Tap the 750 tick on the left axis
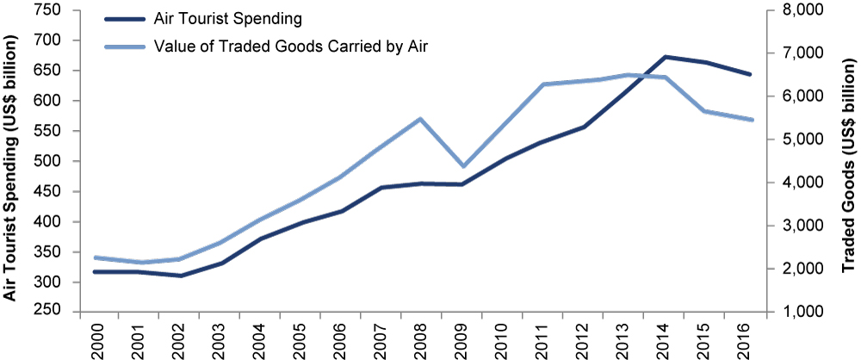[x=50, y=10]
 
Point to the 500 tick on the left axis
[x=50, y=161]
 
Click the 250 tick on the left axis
[x=50, y=312]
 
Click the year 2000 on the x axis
[x=99, y=338]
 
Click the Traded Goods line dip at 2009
[x=461, y=166]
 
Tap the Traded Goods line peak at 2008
[x=420, y=119]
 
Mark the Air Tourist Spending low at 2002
[x=180, y=276]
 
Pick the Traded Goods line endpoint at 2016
[x=751, y=120]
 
